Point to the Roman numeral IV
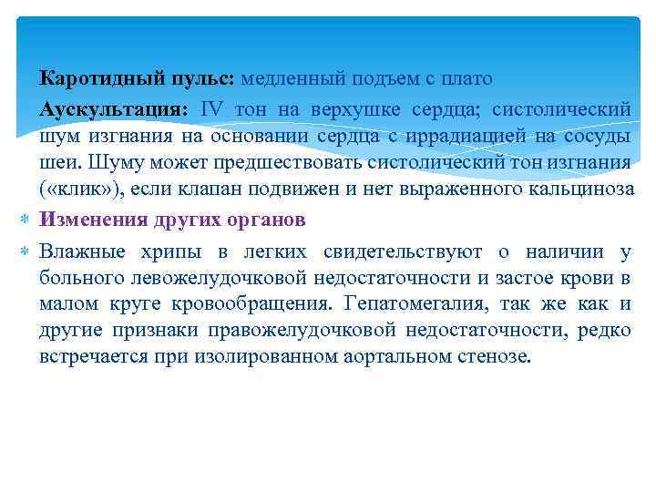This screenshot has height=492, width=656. click(x=210, y=109)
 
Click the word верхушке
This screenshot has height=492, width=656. click(x=343, y=109)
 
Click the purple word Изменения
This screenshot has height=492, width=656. click(x=88, y=220)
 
